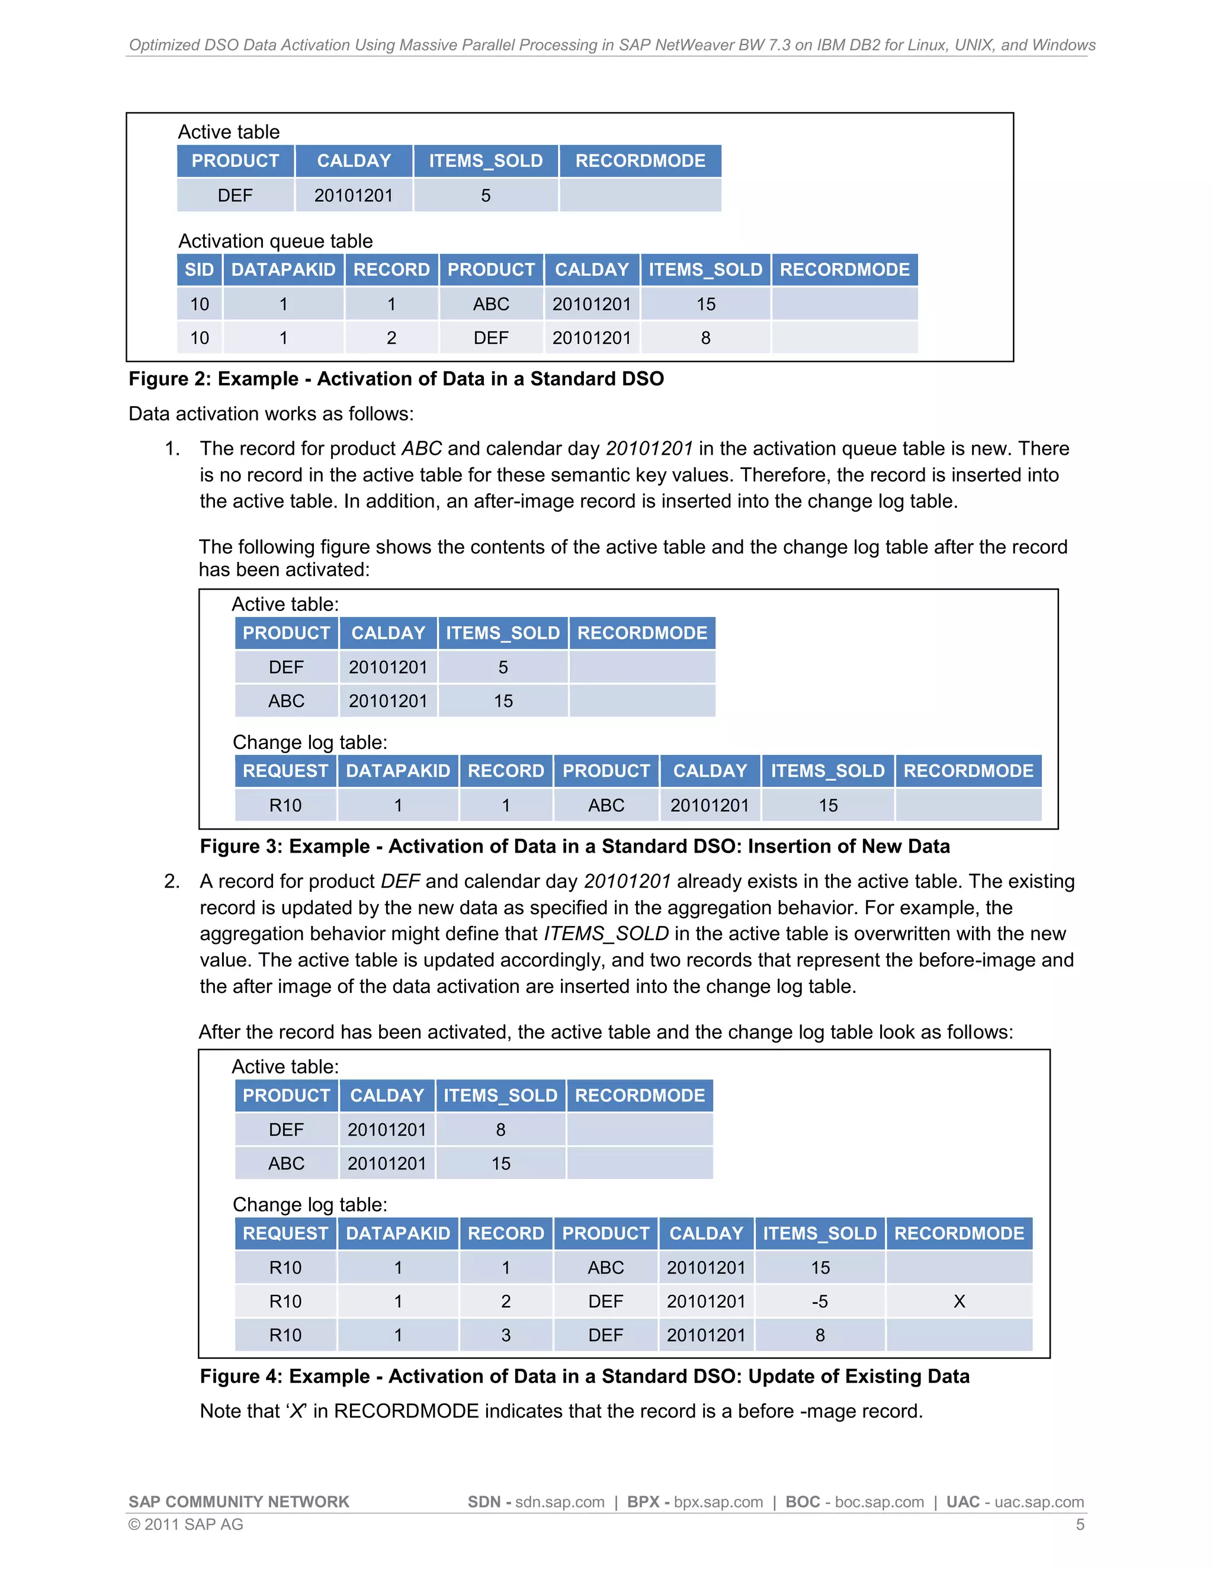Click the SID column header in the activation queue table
[199, 270]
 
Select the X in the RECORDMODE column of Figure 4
[959, 1301]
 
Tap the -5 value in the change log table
[820, 1301]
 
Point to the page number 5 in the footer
[1079, 1525]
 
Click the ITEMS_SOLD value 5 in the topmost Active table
[486, 195]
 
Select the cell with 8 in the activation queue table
[705, 337]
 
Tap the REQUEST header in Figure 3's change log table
[285, 771]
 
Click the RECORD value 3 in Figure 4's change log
[506, 1335]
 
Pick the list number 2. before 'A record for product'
[172, 882]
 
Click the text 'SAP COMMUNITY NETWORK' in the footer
[239, 1502]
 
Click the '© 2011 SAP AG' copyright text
[185, 1525]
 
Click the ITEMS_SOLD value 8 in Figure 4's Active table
[501, 1129]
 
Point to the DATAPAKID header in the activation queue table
[283, 270]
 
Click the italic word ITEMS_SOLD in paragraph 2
[606, 933]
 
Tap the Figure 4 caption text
[584, 1376]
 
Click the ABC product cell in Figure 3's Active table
[286, 700]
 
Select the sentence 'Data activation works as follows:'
[271, 414]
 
